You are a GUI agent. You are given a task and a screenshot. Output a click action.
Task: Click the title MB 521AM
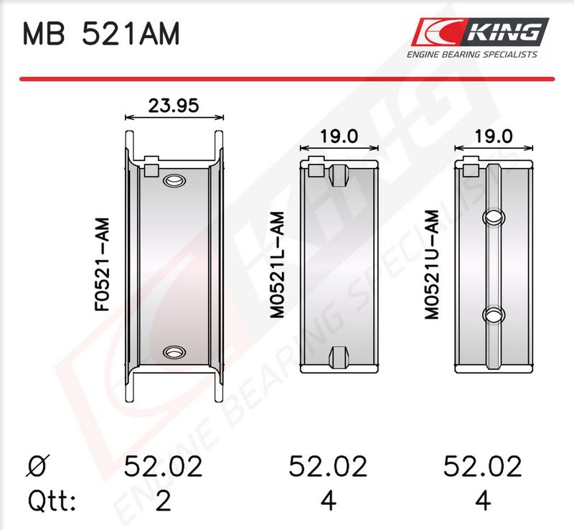point(101,34)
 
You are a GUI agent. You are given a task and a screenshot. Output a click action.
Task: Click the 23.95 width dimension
point(174,106)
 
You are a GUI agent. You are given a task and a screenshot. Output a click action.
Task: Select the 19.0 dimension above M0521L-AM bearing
point(339,136)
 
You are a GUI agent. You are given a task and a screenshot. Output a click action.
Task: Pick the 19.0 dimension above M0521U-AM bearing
point(494,136)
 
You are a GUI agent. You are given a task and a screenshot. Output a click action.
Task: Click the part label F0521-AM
point(102,264)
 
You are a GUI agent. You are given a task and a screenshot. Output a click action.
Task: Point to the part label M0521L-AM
point(277,264)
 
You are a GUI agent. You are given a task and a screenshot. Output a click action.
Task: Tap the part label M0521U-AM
point(432,264)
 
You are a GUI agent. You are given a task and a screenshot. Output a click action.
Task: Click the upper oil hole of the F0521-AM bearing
point(174,180)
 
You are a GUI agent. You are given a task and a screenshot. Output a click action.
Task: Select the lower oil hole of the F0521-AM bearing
point(174,352)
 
